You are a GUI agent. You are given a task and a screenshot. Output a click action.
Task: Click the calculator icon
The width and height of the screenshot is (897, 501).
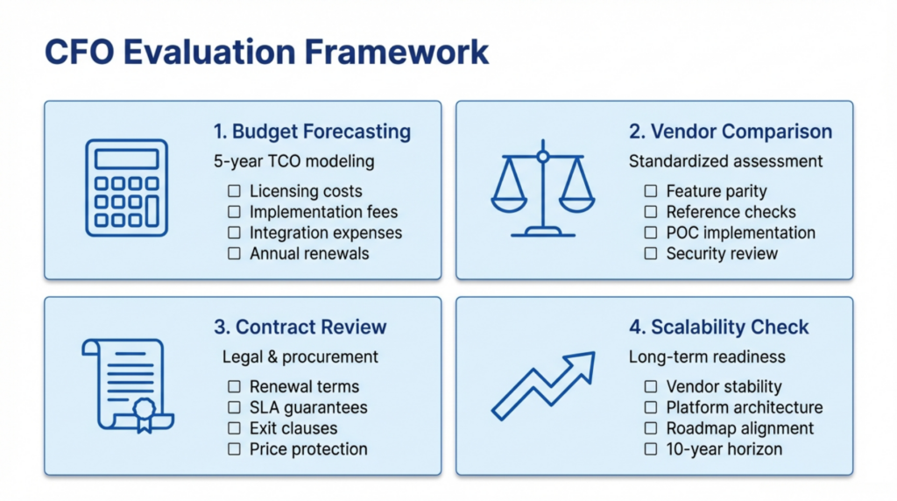pyautogui.click(x=127, y=188)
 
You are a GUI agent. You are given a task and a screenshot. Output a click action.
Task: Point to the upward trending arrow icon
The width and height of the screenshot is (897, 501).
pyautogui.click(x=542, y=385)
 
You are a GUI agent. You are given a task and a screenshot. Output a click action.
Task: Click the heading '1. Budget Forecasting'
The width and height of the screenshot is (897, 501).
pyautogui.click(x=312, y=132)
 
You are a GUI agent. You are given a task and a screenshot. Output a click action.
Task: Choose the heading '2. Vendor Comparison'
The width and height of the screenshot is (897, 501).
pyautogui.click(x=730, y=132)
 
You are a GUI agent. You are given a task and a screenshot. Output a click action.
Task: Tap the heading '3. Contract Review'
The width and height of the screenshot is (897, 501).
pyautogui.click(x=300, y=328)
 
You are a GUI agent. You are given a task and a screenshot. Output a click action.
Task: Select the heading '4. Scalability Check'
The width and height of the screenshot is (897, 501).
pyautogui.click(x=718, y=328)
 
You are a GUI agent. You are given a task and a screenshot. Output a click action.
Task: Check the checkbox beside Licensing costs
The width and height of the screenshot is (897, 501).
pyautogui.click(x=234, y=191)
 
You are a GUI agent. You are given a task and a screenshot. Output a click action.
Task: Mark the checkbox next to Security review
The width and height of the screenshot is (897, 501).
pyautogui.click(x=650, y=254)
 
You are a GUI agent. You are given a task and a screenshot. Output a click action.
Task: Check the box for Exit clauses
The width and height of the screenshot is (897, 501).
pyautogui.click(x=234, y=428)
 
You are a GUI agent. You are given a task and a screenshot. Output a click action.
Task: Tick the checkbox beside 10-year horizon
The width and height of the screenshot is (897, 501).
pyautogui.click(x=650, y=449)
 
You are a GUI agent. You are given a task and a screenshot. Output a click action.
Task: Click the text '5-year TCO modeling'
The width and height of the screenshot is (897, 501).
pyautogui.click(x=293, y=161)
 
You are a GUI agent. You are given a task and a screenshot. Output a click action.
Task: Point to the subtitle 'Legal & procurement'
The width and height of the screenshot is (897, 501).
pyautogui.click(x=300, y=356)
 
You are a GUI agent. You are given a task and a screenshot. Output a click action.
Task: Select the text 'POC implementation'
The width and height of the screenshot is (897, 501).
pyautogui.click(x=740, y=233)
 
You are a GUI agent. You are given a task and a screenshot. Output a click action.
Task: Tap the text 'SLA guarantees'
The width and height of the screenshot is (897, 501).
pyautogui.click(x=308, y=407)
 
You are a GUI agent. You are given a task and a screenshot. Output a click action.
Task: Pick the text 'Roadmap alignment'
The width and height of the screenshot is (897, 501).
pyautogui.click(x=740, y=428)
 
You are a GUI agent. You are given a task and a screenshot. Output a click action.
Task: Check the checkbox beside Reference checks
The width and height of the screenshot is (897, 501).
pyautogui.click(x=650, y=212)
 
